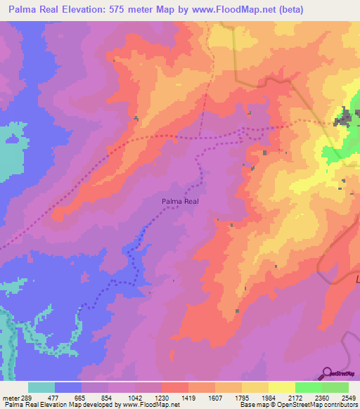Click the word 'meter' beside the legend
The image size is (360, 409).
pyautogui.click(x=9, y=397)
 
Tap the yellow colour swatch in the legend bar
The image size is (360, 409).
pyautogui.click(x=281, y=387)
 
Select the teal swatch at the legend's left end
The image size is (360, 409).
pyautogui.click(x=41, y=387)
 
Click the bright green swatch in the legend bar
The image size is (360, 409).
pyautogui.click(x=308, y=387)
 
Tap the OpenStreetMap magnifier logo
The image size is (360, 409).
pyautogui.click(x=328, y=373)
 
